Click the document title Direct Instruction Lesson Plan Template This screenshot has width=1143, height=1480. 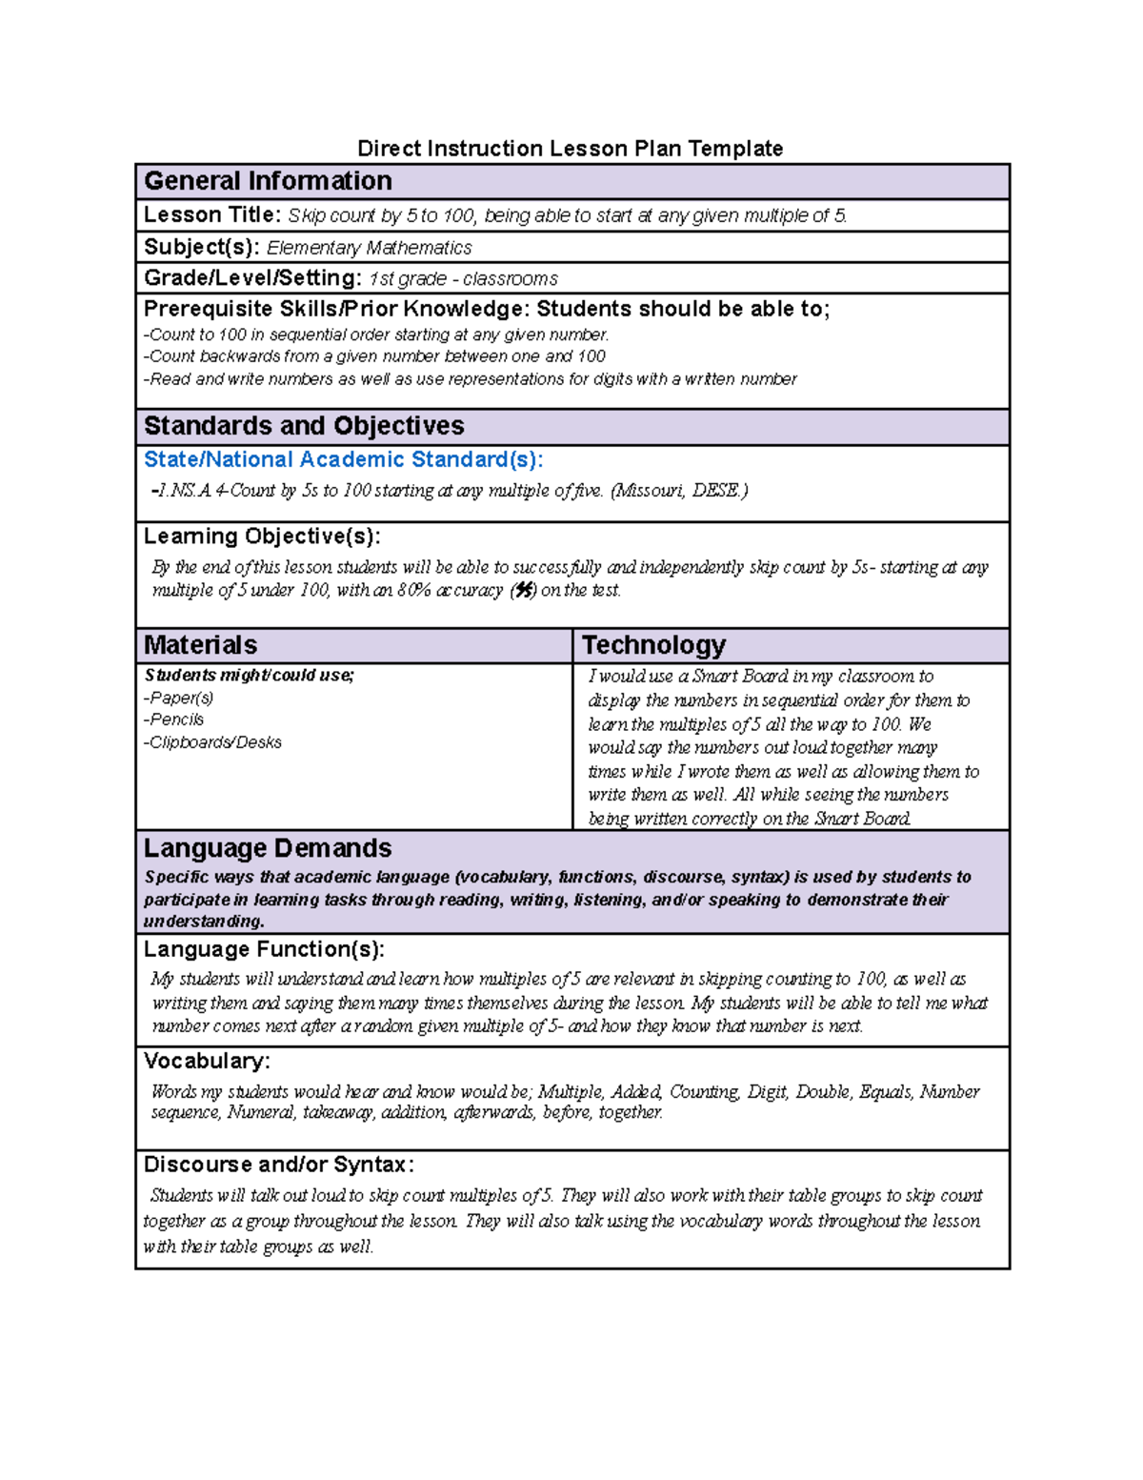pos(570,149)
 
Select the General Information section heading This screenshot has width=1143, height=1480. pos(268,181)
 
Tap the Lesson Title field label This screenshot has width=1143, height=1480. pos(211,215)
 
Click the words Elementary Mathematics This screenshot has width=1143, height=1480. pos(369,248)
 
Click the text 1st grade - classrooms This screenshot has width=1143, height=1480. pos(463,279)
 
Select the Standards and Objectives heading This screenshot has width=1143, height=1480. pos(304,426)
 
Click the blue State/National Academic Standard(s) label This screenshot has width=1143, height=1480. pos(343,460)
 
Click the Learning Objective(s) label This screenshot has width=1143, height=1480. pos(262,537)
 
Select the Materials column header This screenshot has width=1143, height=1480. pos(200,645)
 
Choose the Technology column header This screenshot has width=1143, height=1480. pos(653,645)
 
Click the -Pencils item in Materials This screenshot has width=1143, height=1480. pos(174,720)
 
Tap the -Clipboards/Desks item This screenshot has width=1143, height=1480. pos(212,742)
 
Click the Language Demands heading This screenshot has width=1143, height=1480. pos(268,848)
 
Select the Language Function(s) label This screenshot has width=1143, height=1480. pos(264,949)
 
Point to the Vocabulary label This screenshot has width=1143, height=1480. pos(207,1061)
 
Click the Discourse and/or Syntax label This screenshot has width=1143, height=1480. pos(278,1165)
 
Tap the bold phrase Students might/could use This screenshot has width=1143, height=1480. pos(249,676)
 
